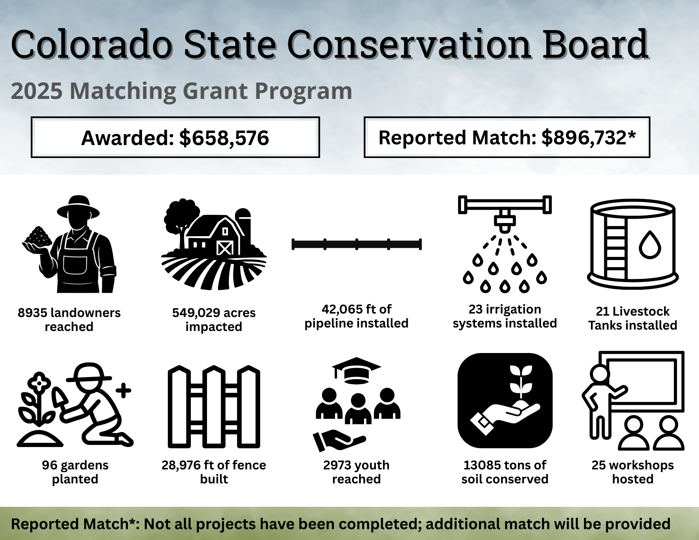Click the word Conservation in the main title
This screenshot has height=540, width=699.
(410, 44)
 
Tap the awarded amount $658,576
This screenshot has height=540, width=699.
(224, 138)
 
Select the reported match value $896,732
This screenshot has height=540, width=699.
(584, 137)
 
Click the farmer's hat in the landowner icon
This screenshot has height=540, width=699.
(78, 207)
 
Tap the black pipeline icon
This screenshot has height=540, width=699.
(357, 244)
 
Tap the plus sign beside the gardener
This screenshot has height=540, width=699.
(123, 390)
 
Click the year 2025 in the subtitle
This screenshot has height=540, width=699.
(37, 91)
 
